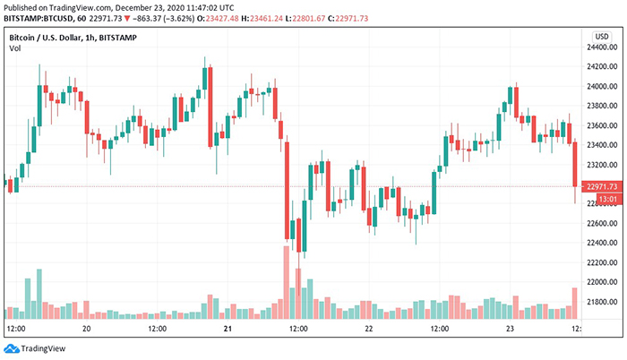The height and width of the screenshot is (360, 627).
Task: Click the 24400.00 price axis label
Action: coord(599,47)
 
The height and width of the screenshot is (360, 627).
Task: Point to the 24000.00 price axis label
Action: coord(599,87)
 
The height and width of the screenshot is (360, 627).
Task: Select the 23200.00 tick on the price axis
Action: coord(599,165)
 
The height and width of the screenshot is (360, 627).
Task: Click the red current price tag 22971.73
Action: coord(599,186)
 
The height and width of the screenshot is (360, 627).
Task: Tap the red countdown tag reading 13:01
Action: coord(601,200)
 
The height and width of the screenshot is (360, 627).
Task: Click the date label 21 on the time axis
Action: coord(228,329)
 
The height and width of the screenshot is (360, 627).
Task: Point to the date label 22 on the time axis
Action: coord(367,329)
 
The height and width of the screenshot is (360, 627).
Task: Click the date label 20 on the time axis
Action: coord(87,329)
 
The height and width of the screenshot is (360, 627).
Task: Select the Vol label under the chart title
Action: coord(15,47)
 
